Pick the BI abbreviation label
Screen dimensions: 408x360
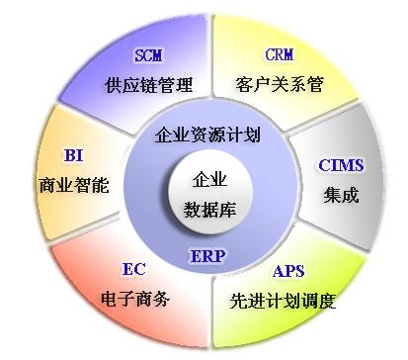(x=74, y=156)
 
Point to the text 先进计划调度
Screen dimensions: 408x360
(x=289, y=298)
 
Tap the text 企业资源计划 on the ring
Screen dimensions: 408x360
(x=208, y=135)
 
